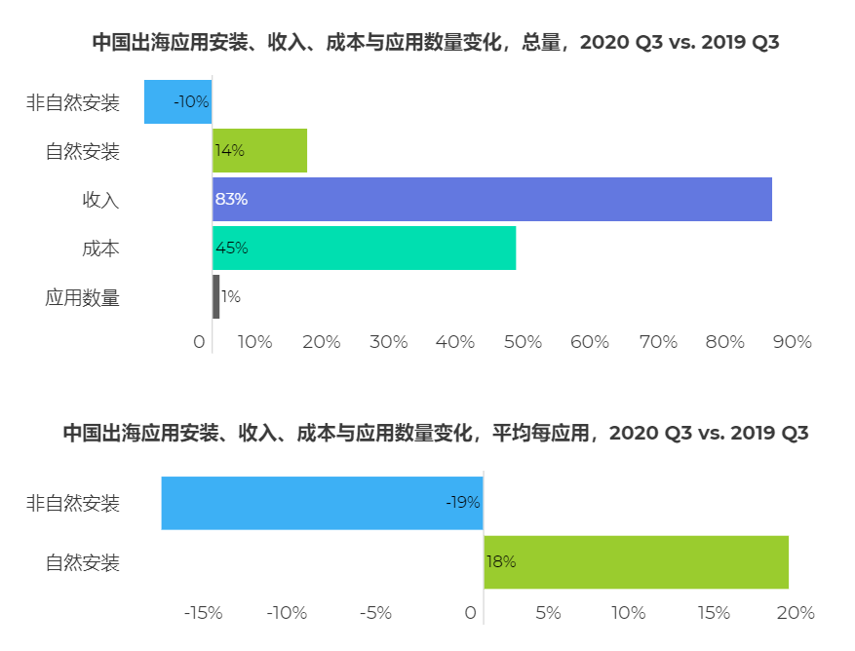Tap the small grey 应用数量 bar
click(215, 296)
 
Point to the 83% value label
click(231, 199)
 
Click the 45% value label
click(231, 248)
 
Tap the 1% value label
click(231, 296)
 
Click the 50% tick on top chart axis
click(523, 342)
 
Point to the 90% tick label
click(792, 342)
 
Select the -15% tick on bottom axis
click(203, 613)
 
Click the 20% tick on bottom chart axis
click(795, 613)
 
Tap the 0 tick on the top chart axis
click(200, 342)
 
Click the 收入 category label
click(100, 200)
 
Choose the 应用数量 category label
click(82, 297)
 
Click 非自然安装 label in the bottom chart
click(72, 504)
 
